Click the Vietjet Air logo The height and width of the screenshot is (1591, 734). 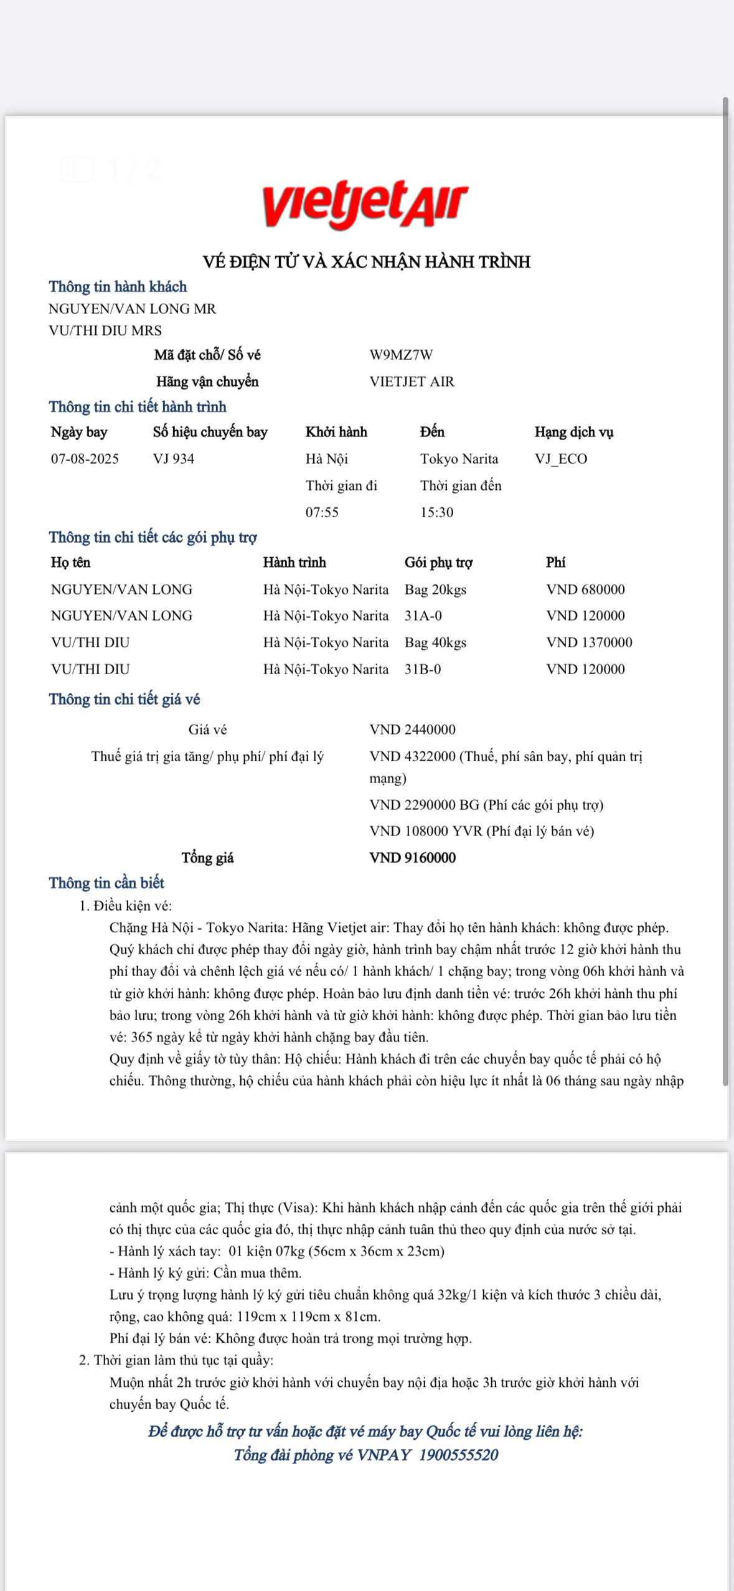(365, 204)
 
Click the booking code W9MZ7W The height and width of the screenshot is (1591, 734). (401, 355)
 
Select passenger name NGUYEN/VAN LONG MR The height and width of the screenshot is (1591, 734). (132, 309)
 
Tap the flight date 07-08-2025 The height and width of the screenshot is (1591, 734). (85, 459)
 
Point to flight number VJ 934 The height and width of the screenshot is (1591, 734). (174, 459)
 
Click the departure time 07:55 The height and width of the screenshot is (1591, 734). (322, 512)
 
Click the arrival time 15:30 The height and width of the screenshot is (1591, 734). (436, 512)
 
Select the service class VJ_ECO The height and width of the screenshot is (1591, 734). (561, 459)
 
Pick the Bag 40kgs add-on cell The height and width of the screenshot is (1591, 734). (435, 642)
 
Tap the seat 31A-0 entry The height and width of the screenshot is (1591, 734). (423, 616)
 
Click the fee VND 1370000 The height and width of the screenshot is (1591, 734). (589, 642)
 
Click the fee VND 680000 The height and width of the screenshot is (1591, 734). (585, 589)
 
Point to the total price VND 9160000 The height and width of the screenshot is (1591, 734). (412, 858)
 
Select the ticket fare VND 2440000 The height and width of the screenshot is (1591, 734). (412, 730)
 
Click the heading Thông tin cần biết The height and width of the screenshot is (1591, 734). (106, 883)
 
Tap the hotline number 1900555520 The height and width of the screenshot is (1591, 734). (459, 1455)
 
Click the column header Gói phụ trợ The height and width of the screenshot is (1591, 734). (438, 563)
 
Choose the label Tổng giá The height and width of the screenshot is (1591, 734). (207, 858)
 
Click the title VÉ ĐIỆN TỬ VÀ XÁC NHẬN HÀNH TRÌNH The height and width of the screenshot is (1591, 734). (367, 262)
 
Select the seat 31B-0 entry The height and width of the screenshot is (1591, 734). (423, 669)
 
